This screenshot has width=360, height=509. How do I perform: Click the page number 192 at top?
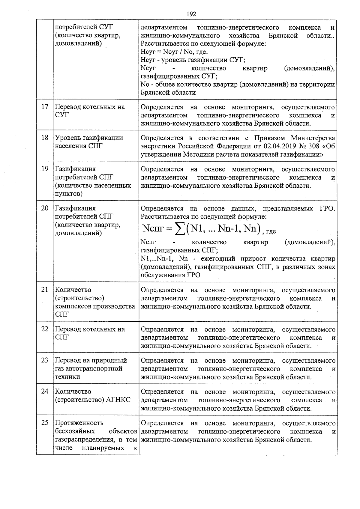191,14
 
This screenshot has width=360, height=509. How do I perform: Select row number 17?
45,107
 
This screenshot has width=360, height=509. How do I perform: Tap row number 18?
45,138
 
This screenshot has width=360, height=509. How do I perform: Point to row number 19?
45,169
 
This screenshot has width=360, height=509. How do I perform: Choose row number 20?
45,208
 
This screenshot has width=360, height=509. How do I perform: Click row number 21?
45,290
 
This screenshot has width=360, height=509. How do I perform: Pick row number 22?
45,329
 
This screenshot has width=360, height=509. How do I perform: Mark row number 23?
45,360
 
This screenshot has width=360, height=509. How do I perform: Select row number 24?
45,391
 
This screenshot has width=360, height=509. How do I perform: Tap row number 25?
45,423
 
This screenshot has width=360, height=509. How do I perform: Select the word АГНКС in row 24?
118,400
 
